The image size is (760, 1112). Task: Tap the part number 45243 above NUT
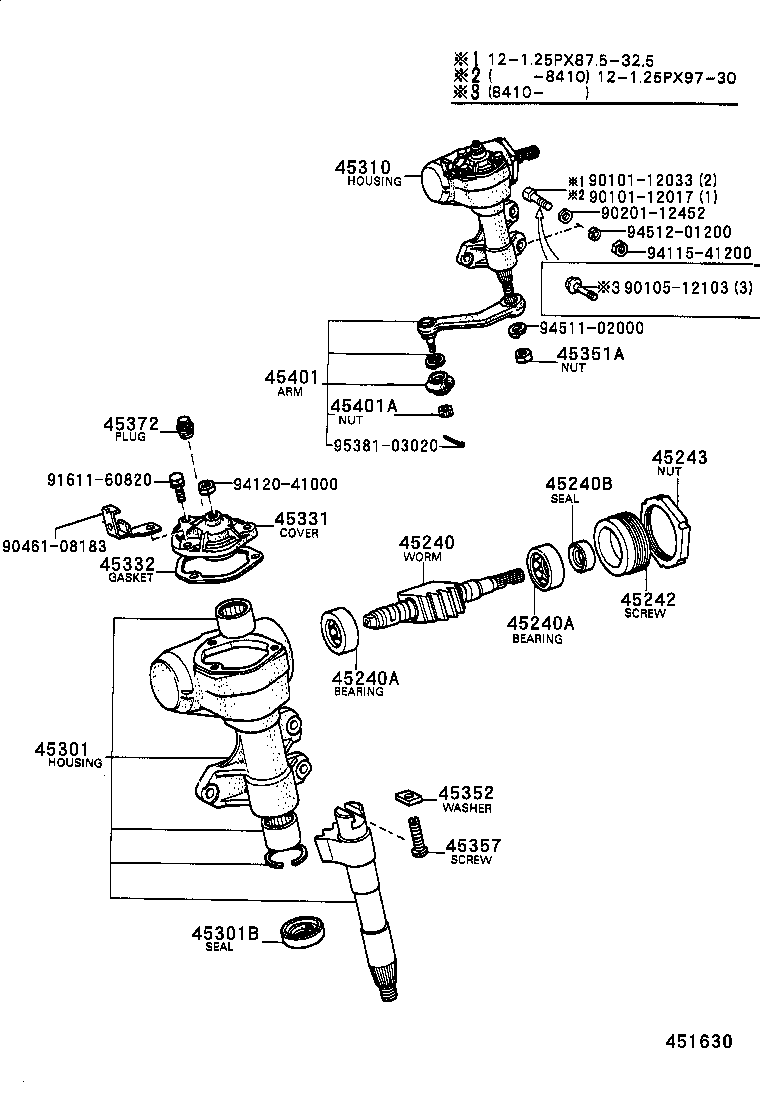click(680, 457)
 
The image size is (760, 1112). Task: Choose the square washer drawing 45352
click(406, 796)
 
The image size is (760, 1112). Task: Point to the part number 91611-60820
click(99, 480)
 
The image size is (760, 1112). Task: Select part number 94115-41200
click(699, 253)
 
